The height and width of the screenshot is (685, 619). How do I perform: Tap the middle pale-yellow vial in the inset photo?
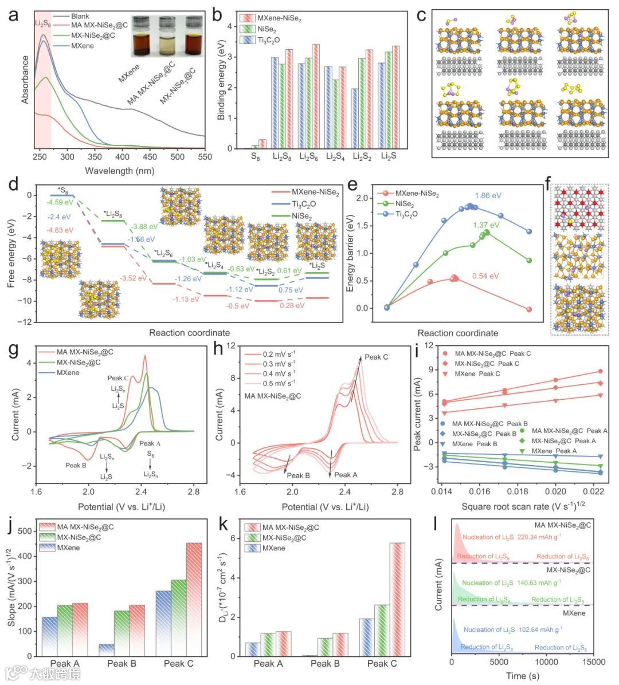coord(167,38)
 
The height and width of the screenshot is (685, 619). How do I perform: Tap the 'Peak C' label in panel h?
coord(377,357)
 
